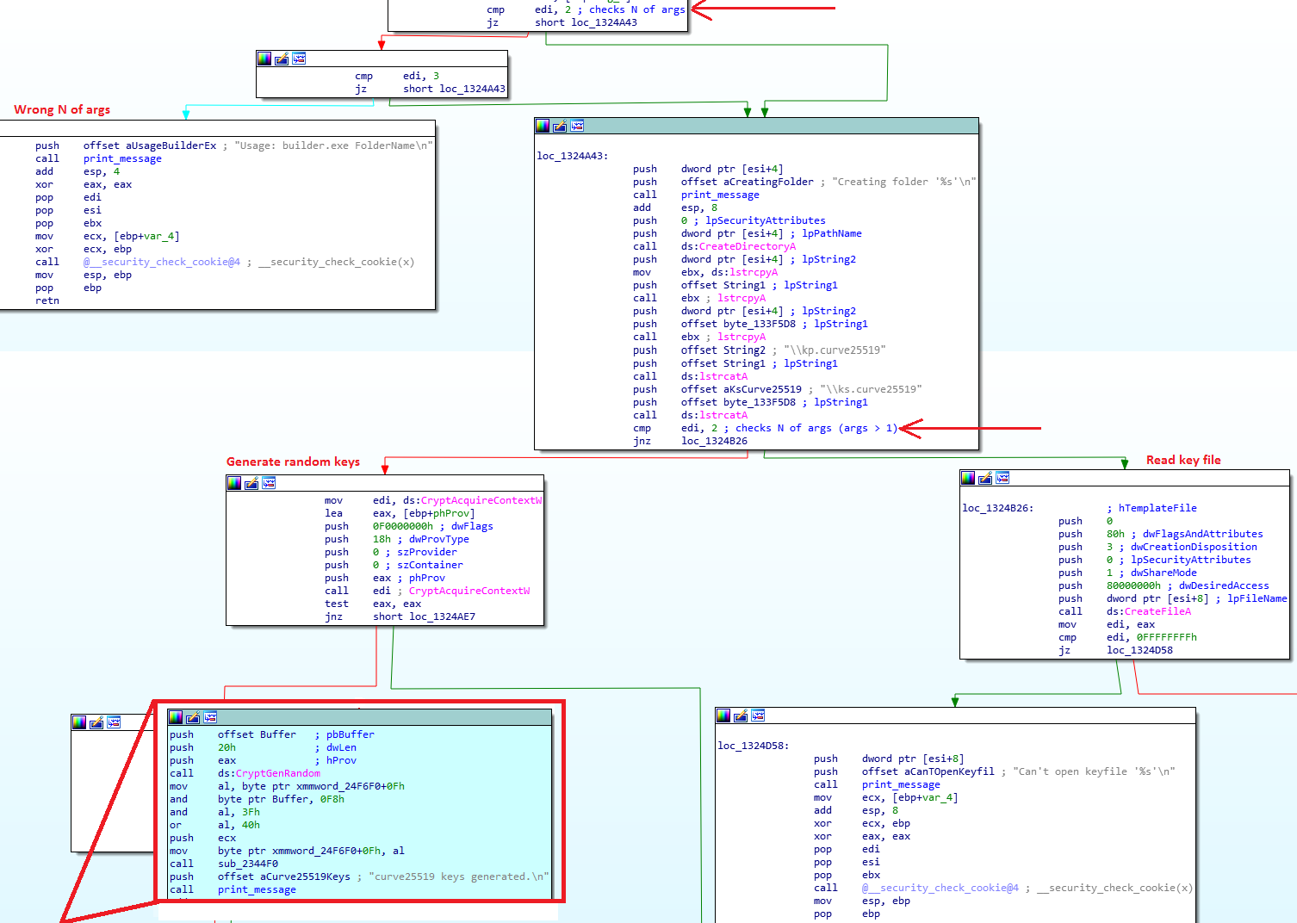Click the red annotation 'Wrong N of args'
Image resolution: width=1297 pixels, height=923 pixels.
(62, 109)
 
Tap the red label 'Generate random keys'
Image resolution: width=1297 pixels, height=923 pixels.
(293, 461)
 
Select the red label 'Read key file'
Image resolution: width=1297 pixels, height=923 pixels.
(1183, 460)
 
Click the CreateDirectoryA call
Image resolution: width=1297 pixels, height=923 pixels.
(748, 246)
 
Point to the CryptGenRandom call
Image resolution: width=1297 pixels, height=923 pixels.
(277, 773)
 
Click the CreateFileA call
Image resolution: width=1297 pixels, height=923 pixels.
(1157, 611)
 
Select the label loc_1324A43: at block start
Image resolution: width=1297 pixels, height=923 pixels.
(572, 156)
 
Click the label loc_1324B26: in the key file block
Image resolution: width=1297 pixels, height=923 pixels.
(997, 508)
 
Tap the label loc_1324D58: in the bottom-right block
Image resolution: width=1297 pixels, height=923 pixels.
(753, 746)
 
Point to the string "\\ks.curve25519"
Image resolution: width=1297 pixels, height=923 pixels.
(871, 389)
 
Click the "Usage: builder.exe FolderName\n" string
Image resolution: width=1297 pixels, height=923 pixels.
(333, 146)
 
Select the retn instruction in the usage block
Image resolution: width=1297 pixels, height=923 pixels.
(47, 300)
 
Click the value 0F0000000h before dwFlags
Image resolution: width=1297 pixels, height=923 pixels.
(403, 526)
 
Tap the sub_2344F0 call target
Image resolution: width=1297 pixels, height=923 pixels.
(248, 864)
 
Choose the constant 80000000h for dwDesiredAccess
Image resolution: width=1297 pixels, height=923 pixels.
(1133, 585)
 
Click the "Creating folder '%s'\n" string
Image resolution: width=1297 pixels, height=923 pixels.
(903, 182)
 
